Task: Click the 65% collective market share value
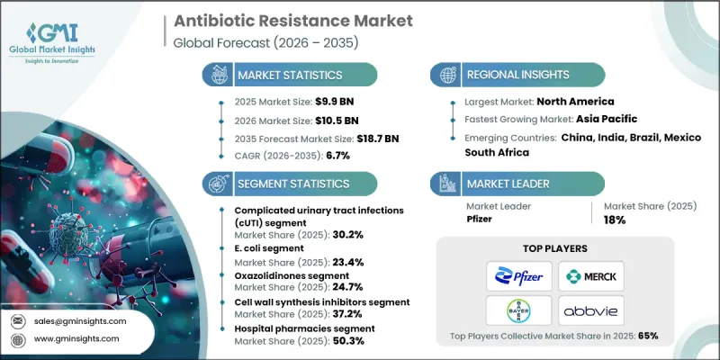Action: pyautogui.click(x=646, y=336)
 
